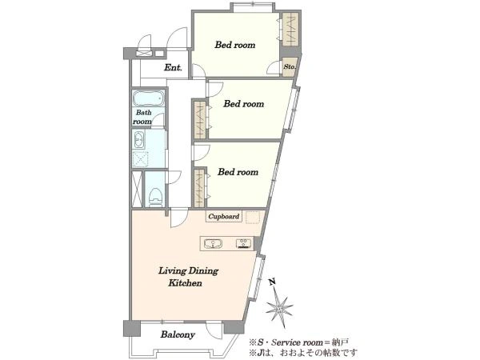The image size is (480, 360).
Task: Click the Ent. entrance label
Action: [173, 67]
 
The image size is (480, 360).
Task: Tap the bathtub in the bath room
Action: [149, 98]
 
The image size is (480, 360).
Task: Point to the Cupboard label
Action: [224, 217]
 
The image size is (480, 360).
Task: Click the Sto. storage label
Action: [290, 66]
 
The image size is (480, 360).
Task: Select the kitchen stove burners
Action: [244, 243]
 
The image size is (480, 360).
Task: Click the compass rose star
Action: [279, 307]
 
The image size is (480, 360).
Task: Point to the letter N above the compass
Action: [272, 282]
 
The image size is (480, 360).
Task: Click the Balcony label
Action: [178, 335]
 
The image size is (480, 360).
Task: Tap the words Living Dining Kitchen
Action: [188, 277]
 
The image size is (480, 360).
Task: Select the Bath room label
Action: [142, 117]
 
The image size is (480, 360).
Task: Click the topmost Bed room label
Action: [234, 45]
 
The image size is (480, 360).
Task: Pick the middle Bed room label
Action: [244, 104]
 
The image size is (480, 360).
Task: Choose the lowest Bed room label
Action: [238, 172]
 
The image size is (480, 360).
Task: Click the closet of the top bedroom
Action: [290, 29]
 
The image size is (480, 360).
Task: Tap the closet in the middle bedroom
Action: [200, 118]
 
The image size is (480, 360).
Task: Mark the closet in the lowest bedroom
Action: [199, 186]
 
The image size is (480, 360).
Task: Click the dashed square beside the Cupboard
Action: [252, 217]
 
